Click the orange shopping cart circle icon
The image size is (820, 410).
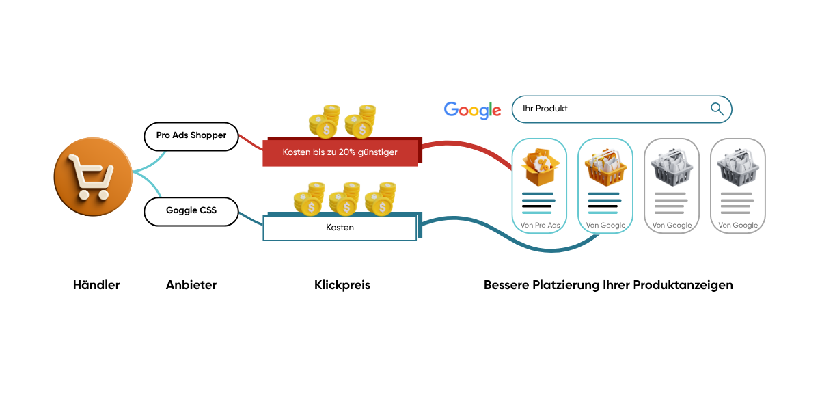93,177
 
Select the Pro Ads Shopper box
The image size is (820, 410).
191,136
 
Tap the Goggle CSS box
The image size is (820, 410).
191,211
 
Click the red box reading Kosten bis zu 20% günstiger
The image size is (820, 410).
340,152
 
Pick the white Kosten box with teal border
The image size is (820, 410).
340,228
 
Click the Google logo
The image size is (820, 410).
472,110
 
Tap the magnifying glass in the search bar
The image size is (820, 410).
717,109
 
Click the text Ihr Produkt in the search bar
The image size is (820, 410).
545,109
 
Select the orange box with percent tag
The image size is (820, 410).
540,167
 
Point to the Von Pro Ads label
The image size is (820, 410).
540,225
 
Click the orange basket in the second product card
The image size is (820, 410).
605,167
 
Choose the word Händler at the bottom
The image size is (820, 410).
96,285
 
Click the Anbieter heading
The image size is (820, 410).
191,285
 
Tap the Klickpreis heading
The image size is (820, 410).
342,285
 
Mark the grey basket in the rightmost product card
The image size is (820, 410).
737,167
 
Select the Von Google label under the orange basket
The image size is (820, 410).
605,225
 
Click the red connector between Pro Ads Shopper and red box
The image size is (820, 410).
251,142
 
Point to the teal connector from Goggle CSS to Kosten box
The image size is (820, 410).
251,218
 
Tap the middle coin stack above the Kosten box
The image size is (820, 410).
344,198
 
